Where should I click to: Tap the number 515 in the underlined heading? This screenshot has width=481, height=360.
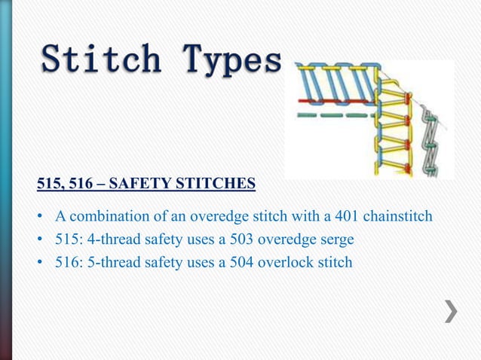click(49, 182)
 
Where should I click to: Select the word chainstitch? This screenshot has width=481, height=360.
click(398, 217)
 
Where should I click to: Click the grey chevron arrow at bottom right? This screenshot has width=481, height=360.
click(450, 311)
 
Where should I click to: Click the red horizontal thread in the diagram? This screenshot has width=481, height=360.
click(332, 99)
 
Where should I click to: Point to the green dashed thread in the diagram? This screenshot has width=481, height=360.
click(332, 116)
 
